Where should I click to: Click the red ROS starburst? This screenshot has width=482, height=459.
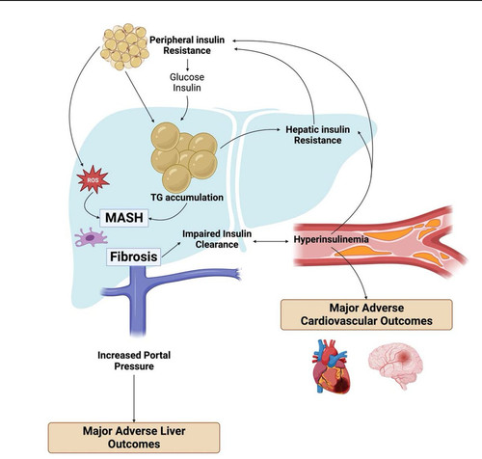(x=94, y=179)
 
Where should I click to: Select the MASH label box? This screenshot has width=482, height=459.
(x=124, y=218)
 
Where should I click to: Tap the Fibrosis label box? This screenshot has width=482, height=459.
(x=134, y=256)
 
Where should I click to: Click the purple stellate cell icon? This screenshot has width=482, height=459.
(x=91, y=237)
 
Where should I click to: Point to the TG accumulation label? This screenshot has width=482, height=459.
(x=187, y=197)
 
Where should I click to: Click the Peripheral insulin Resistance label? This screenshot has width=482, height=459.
(x=187, y=45)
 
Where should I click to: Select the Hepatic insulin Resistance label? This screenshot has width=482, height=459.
(x=318, y=135)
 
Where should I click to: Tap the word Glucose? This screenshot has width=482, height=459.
(x=187, y=77)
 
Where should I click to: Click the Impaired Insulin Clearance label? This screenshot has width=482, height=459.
(x=217, y=239)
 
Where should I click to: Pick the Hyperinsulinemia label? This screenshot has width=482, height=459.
(x=332, y=239)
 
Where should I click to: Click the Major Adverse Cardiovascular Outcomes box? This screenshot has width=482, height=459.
(x=366, y=314)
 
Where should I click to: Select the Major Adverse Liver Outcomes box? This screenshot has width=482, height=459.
(x=134, y=438)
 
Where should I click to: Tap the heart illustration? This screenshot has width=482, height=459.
(x=331, y=366)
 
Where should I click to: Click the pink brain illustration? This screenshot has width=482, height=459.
(x=395, y=364)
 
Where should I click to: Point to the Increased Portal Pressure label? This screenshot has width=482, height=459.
(x=134, y=361)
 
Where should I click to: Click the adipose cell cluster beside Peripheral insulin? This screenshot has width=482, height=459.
(x=124, y=46)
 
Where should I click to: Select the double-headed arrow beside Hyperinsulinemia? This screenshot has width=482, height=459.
(x=271, y=241)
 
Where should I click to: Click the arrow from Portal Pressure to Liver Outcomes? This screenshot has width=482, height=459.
(x=134, y=398)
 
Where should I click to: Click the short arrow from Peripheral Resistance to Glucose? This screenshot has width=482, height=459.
(x=187, y=65)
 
